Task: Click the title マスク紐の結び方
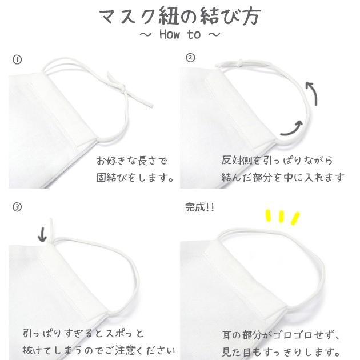179,16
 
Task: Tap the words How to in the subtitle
180,35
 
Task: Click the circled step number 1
17,59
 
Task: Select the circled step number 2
190,58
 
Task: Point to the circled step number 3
17,207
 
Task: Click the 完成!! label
200,207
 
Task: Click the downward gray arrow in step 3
42,235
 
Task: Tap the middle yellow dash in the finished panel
282,217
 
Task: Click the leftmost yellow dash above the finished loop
267,216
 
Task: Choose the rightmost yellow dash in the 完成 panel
295,218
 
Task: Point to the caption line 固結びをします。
135,178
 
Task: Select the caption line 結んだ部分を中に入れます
283,178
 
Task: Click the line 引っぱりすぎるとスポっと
85,333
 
